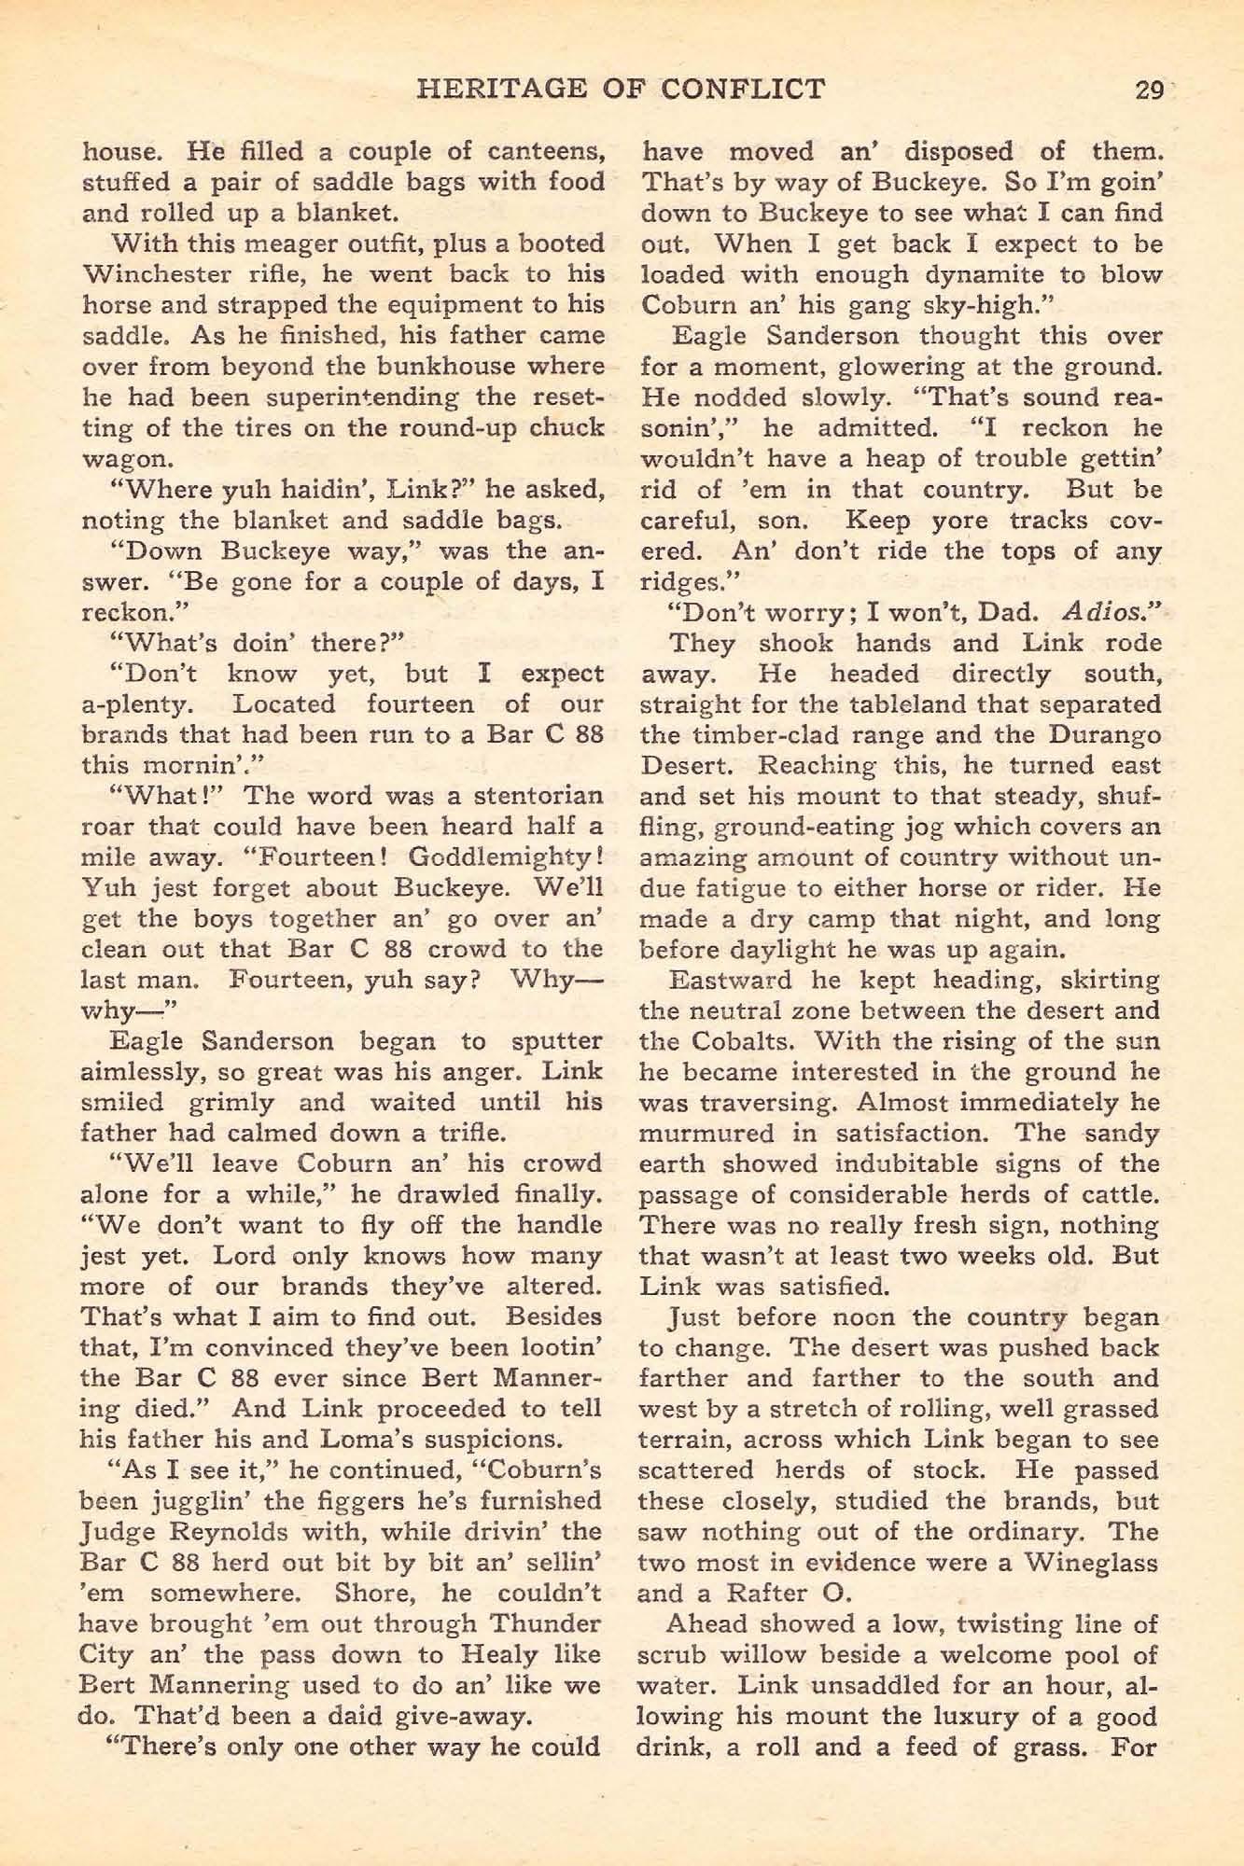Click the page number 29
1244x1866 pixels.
[1148, 91]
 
